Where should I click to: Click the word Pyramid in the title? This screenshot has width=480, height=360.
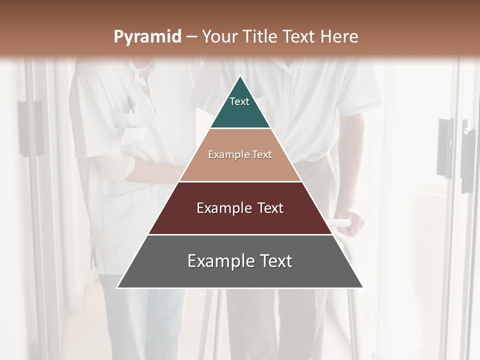[x=147, y=37]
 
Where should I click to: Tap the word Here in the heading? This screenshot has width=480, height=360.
[x=339, y=36]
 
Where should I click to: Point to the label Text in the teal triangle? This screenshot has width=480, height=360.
[x=239, y=101]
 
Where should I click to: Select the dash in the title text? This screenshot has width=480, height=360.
[x=191, y=37]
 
